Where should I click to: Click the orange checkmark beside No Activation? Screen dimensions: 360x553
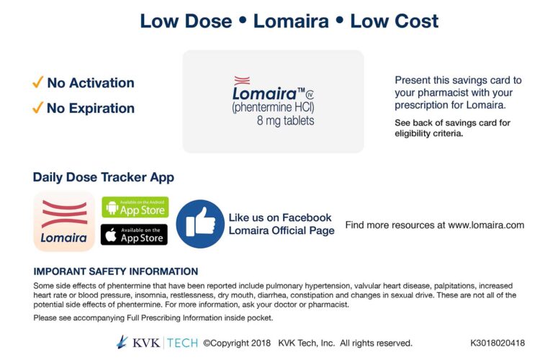click(x=38, y=83)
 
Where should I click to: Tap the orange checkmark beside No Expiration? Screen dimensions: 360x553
click(x=38, y=108)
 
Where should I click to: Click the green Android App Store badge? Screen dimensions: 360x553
click(x=135, y=207)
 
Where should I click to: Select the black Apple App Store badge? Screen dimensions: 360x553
click(x=135, y=235)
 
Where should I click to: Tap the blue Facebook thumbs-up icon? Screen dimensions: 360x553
click(x=200, y=224)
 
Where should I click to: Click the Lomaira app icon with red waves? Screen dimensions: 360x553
click(x=64, y=221)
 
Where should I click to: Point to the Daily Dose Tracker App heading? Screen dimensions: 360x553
click(x=103, y=178)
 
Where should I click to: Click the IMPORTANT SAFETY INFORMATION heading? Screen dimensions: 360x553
click(x=115, y=271)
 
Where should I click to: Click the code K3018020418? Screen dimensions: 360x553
click(x=498, y=343)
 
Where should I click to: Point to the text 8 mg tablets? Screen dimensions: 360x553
click(x=286, y=121)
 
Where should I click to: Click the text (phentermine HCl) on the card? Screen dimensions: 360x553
click(x=273, y=107)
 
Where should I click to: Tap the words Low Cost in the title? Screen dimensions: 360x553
click(x=394, y=21)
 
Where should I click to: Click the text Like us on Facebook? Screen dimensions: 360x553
click(x=279, y=217)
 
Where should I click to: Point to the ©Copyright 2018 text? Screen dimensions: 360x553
click(x=236, y=343)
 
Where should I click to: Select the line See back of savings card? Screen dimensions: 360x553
click(x=452, y=122)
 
